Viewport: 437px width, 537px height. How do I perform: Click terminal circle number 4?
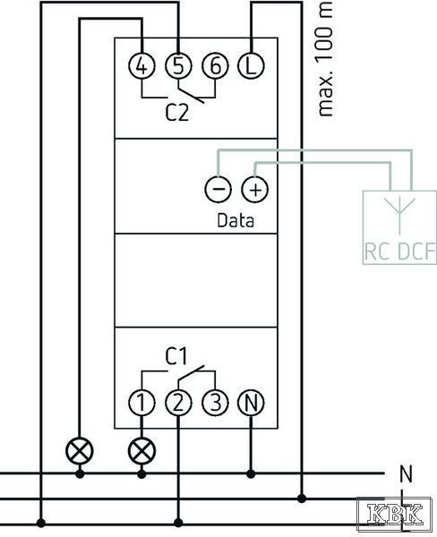tap(141, 65)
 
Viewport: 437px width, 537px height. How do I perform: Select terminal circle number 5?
tap(178, 65)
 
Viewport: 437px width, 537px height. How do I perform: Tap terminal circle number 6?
tap(215, 65)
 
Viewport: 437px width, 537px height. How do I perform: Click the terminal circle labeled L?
tap(251, 65)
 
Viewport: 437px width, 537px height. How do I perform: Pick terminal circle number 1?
tap(141, 403)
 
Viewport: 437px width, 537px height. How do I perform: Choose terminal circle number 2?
tap(178, 403)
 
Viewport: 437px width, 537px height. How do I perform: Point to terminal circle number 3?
tap(215, 403)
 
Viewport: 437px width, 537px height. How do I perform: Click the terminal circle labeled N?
tap(251, 403)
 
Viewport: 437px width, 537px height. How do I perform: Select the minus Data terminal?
tap(218, 189)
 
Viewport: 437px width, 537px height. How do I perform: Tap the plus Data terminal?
tap(254, 189)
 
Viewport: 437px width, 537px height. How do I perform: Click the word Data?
tap(236, 220)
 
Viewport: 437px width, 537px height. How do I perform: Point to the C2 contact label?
tap(176, 113)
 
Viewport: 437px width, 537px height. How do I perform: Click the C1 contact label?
tap(176, 356)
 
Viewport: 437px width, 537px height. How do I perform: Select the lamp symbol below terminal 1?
tap(141, 451)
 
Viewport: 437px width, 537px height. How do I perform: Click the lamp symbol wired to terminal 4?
tap(80, 451)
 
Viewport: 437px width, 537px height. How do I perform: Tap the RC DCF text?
tap(399, 251)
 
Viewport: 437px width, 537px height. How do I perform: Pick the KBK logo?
tap(394, 514)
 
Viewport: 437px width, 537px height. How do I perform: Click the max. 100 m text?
tap(325, 58)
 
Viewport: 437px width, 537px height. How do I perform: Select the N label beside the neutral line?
tap(406, 474)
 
